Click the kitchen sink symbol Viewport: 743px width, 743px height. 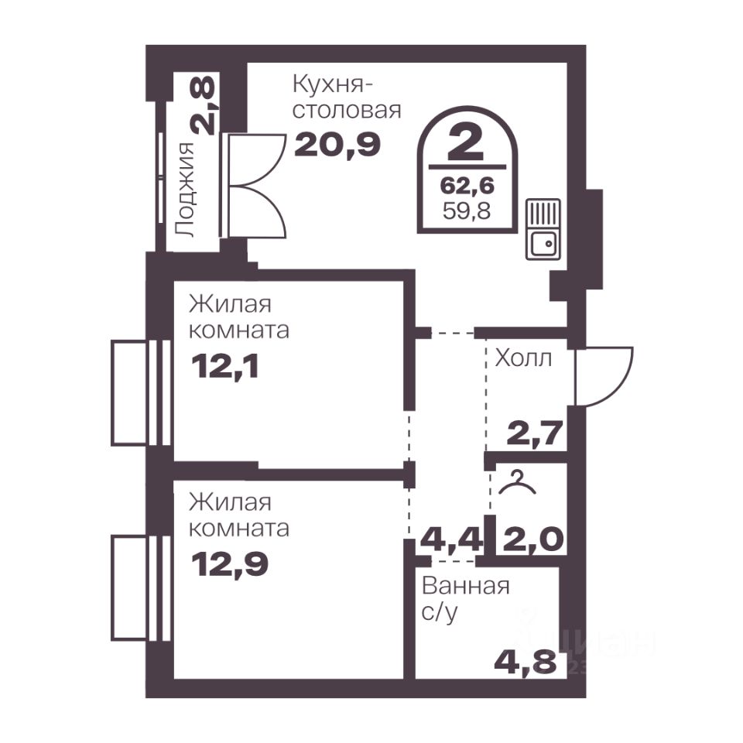[543, 229]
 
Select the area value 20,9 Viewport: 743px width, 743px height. [337, 145]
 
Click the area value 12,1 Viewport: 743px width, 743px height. [225, 366]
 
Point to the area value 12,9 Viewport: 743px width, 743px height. [230, 564]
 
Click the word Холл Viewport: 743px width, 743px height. [523, 358]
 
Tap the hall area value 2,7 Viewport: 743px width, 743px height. [535, 433]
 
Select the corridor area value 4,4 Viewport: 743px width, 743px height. [452, 539]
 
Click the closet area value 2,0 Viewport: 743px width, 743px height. [533, 539]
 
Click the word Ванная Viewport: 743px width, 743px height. [465, 586]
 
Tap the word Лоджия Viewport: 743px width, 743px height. [185, 190]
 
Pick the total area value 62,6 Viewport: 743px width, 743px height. [467, 185]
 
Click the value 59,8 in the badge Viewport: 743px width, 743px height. [467, 211]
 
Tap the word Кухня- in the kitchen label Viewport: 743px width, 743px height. [333, 85]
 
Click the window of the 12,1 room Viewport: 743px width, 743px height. [141, 392]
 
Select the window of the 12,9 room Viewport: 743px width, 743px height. [141, 587]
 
